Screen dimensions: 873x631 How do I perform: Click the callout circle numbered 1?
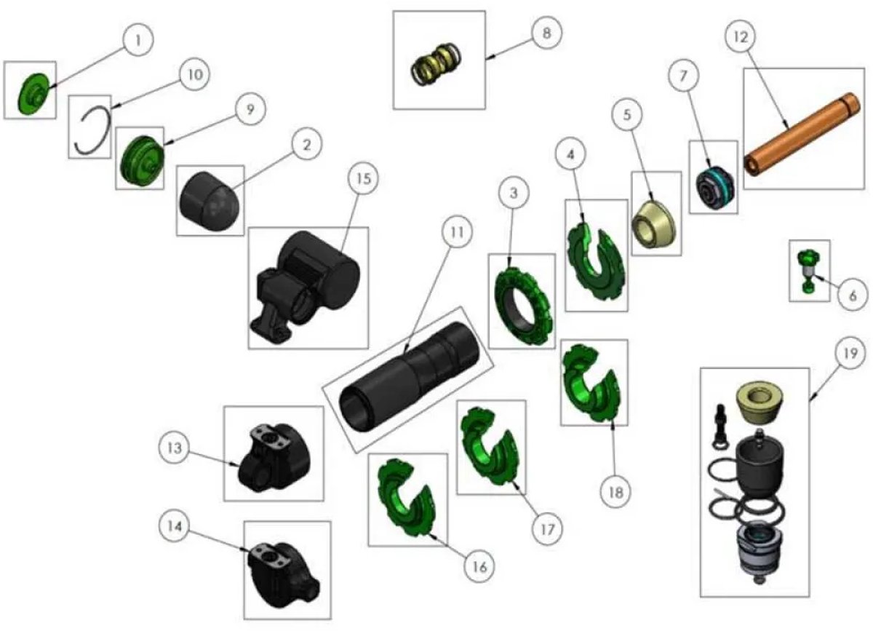[x=138, y=40]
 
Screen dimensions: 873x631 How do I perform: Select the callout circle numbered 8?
[x=547, y=33]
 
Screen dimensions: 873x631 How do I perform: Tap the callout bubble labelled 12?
[x=741, y=36]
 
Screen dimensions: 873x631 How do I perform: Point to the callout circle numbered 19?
[x=850, y=353]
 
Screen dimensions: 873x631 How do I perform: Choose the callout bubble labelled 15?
[x=363, y=179]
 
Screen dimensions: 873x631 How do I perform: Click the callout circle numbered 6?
[x=853, y=295]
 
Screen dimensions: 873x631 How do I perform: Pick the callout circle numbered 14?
[x=175, y=526]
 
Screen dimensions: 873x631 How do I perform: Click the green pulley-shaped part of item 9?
[x=142, y=157]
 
